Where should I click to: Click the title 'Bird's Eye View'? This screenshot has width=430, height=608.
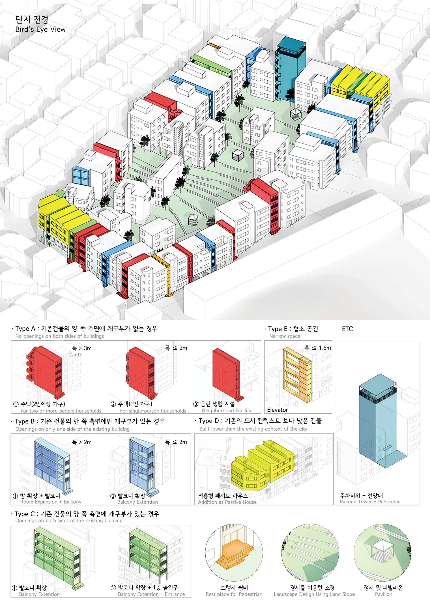pos(40,29)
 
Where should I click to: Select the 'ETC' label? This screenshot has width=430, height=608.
pos(347,329)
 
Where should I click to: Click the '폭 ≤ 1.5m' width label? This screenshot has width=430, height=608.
pos(318,348)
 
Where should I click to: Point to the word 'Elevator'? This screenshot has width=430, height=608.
pos(277,410)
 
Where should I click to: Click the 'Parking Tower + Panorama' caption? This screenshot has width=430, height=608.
pos(370,502)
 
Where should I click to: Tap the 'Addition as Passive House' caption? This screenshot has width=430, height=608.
pos(227,502)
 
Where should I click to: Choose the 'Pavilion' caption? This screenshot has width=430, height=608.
pos(383,594)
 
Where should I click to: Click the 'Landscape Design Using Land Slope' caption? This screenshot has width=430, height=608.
pos(314,594)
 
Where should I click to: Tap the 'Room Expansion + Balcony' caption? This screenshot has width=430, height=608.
pos(51,502)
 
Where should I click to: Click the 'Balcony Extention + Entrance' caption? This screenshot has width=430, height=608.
pos(151,594)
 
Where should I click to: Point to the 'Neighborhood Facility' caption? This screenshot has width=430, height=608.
pos(227,411)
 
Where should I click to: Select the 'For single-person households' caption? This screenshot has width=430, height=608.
pos(153,411)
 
